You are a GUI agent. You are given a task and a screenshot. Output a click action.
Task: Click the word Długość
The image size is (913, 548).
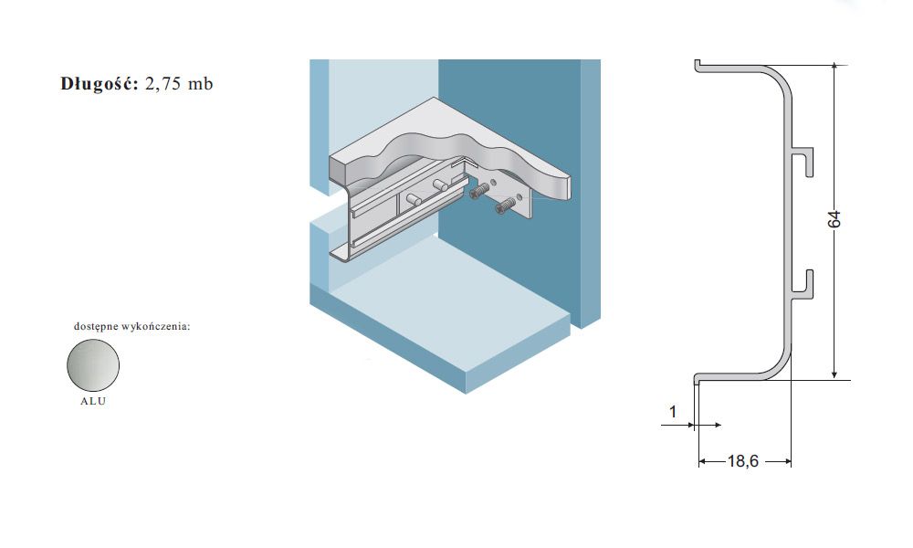[100, 84]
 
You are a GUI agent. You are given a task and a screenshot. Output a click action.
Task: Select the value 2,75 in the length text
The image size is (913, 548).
[163, 84]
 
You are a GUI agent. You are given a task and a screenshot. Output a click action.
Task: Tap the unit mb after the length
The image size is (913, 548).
[200, 84]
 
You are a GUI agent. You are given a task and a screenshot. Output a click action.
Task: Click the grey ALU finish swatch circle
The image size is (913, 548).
[93, 365]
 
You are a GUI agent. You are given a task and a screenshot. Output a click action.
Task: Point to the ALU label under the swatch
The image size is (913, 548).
[93, 401]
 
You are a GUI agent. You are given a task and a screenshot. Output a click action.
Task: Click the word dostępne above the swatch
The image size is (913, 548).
[96, 327]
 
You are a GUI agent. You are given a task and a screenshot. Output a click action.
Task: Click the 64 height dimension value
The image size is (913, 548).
[834, 219]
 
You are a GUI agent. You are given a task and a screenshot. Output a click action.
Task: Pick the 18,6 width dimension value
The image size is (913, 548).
[743, 461]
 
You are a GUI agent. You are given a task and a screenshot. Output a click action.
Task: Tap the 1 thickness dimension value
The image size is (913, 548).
[673, 412]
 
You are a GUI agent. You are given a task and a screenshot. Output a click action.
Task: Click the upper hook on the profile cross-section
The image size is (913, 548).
[803, 162]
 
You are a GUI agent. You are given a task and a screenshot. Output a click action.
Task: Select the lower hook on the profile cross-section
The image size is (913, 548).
[803, 285]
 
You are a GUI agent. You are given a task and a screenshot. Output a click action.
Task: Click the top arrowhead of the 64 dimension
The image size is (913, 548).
[834, 68]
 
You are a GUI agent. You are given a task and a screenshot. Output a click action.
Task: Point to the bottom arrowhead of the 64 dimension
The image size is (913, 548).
[834, 374]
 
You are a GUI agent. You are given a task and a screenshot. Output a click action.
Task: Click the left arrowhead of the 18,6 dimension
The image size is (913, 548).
[703, 462]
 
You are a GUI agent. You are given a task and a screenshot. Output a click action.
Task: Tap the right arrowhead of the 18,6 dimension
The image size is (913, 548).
[786, 462]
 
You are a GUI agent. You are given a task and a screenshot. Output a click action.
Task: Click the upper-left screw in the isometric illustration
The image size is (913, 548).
[479, 191]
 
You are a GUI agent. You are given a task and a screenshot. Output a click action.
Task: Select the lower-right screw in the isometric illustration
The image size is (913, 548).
[506, 205]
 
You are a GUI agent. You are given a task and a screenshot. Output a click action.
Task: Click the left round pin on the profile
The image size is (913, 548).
[414, 198]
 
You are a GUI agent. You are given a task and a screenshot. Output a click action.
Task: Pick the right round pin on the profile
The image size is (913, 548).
[440, 184]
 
